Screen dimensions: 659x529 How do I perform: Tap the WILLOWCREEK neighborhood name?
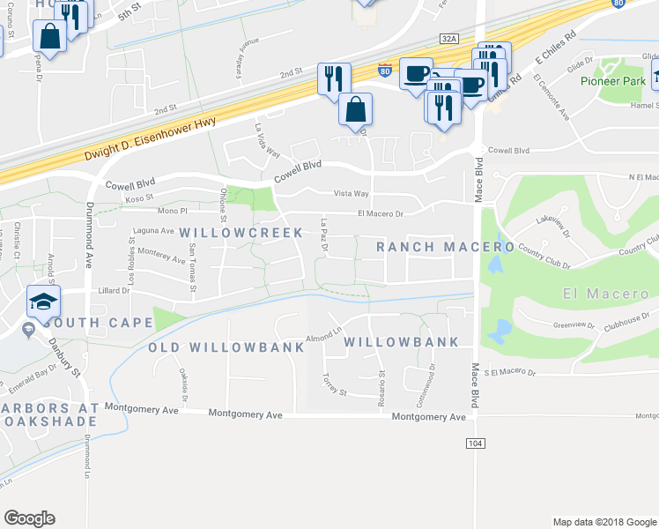coord(241,233)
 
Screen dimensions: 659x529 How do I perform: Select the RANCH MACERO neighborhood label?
coord(445,247)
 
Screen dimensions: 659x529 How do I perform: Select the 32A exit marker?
coord(450,39)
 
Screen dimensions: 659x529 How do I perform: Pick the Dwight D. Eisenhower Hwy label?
coord(152,141)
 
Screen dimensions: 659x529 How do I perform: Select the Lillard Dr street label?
coord(115,289)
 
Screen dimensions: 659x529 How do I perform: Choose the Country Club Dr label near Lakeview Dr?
coord(544,257)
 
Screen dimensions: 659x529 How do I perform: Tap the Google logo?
coord(29,518)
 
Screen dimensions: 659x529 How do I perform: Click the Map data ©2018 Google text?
coord(603,522)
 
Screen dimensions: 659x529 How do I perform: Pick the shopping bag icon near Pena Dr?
coord(49,37)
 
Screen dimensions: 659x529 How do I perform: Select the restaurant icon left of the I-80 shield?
coord(334,78)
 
